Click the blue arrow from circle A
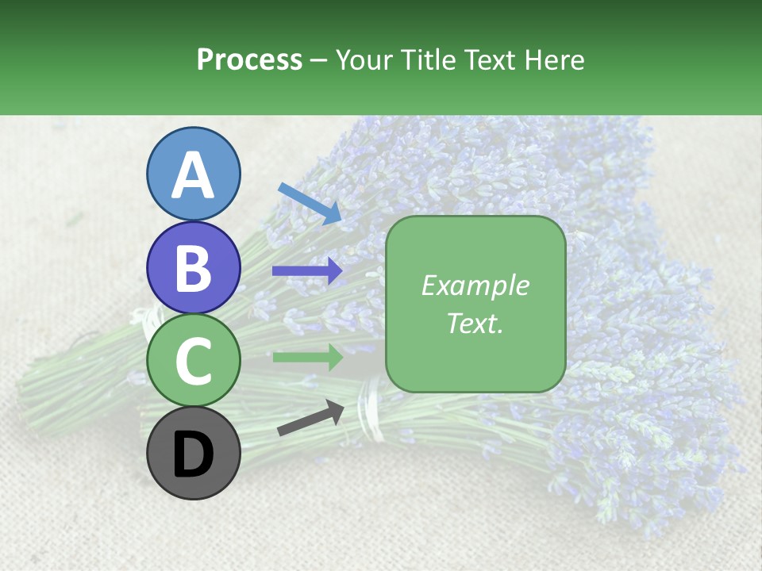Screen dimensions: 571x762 pos(310,203)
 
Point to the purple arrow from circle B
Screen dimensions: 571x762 pos(307,270)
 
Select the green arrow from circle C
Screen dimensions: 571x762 pos(307,358)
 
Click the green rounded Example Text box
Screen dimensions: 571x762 pos(475,349)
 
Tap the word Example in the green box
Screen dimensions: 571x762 pos(475,285)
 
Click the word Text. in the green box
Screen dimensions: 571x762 pos(475,323)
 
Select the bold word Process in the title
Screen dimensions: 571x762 pos(249,59)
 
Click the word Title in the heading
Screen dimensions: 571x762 pos(429,59)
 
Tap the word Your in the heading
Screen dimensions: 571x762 pos(364,59)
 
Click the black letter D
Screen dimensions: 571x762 pos(193,454)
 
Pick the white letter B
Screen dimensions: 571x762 pos(193,268)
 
